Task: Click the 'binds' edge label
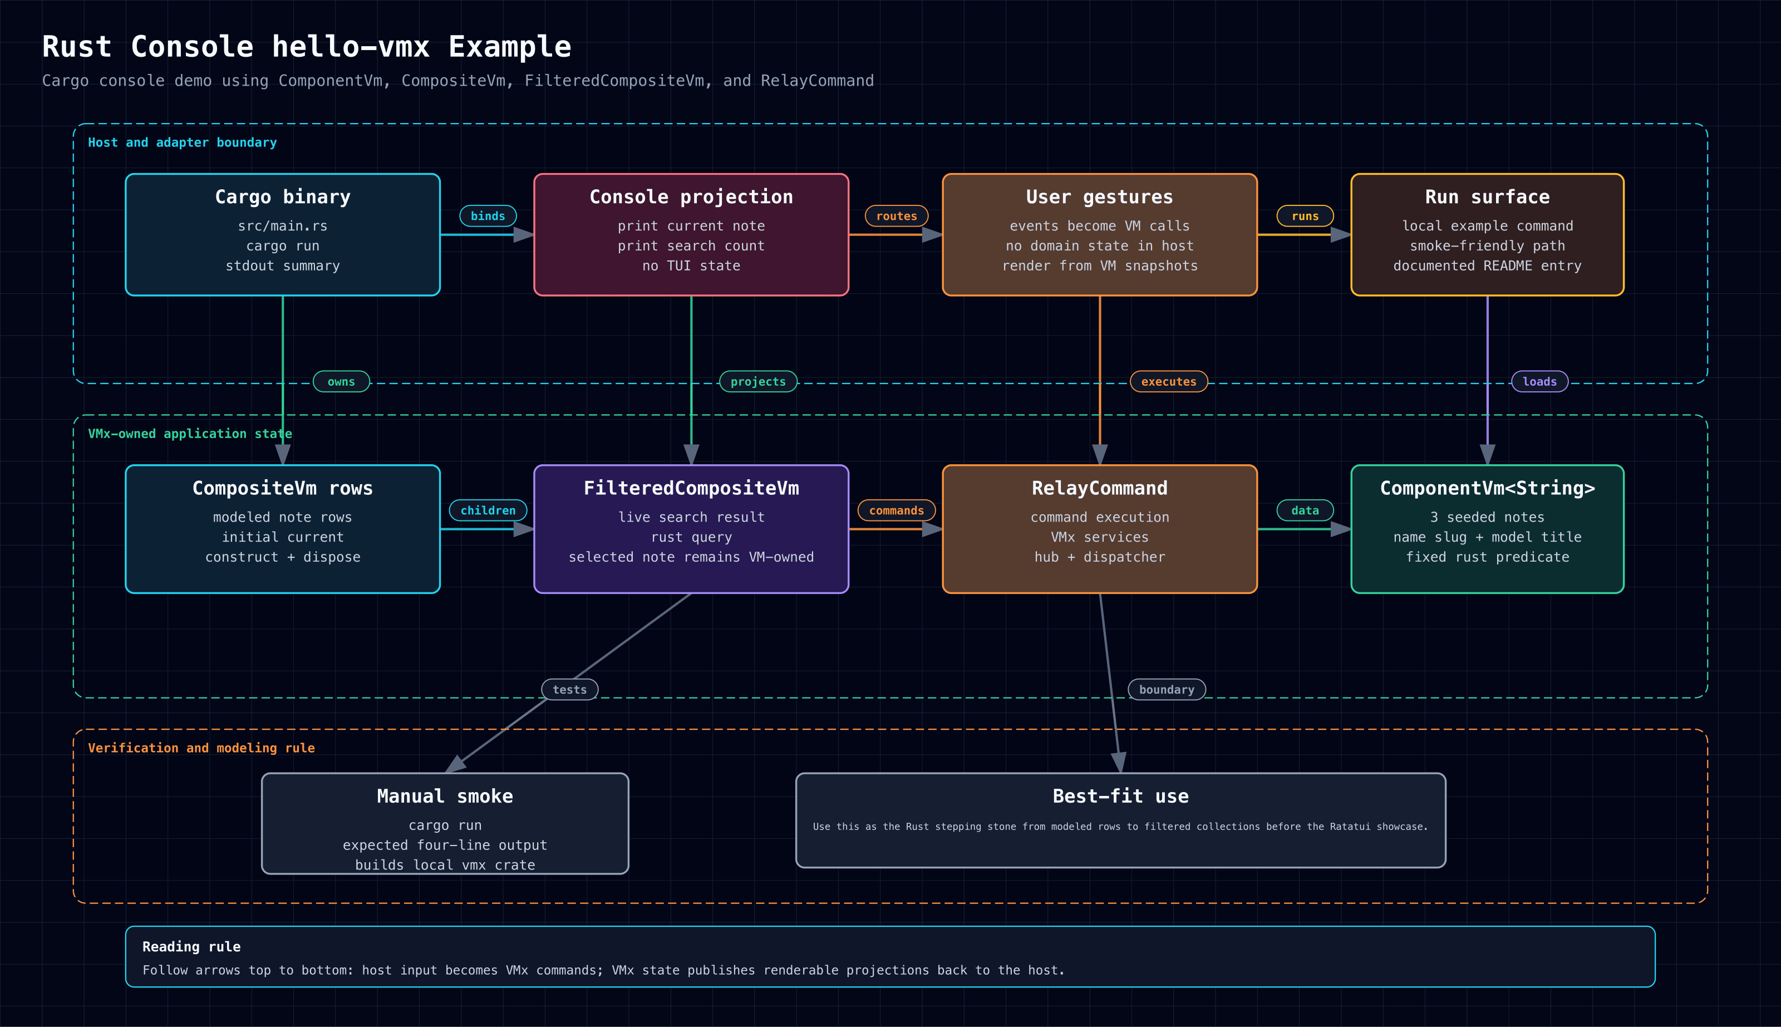(x=488, y=216)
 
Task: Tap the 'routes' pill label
(x=896, y=216)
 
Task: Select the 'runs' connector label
(x=1305, y=216)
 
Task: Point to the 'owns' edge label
(x=341, y=382)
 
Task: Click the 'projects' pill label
(x=758, y=382)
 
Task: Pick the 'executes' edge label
(x=1168, y=382)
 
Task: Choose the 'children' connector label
(x=488, y=510)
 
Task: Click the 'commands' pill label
(x=896, y=510)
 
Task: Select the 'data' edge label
(x=1305, y=510)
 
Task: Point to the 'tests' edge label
(x=570, y=689)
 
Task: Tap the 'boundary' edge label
(x=1167, y=689)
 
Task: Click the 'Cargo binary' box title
(x=283, y=197)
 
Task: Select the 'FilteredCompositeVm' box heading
(x=691, y=488)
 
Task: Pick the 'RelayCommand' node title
(x=1099, y=488)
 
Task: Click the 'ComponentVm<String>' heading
(x=1487, y=488)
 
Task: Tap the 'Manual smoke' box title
(x=445, y=797)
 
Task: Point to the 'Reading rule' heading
(x=191, y=947)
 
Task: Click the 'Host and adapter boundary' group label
(x=182, y=142)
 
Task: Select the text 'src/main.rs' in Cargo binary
(x=283, y=225)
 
